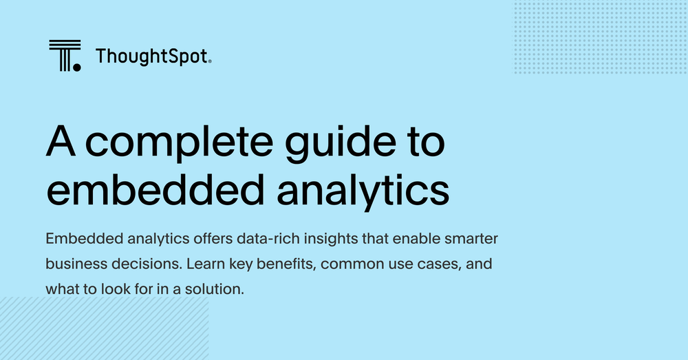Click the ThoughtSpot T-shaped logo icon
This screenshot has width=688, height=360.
64,56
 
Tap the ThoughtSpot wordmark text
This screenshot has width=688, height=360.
152,56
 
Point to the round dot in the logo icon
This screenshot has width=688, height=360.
76,67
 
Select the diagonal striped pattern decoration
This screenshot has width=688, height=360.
103,328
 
